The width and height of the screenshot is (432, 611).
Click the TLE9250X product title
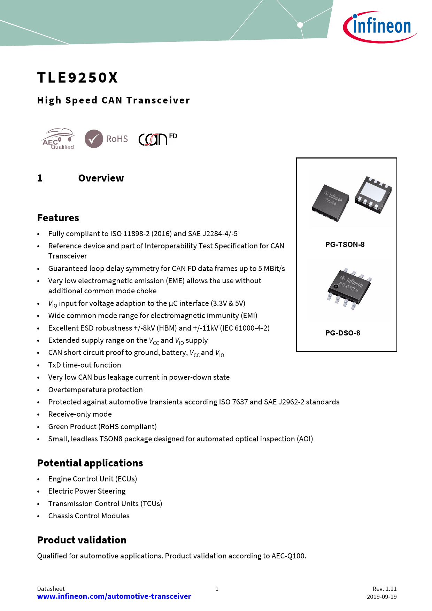(78, 78)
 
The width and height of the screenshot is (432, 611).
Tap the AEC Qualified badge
(58, 139)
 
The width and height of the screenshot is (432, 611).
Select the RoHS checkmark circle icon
(94, 139)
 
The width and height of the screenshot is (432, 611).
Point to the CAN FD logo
(157, 139)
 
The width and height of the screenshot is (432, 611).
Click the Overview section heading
(101, 178)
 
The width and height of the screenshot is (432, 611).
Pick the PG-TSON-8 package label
(345, 245)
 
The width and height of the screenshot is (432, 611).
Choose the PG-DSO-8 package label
(343, 333)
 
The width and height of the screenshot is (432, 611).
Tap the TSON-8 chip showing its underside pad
(373, 195)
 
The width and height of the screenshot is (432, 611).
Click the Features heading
(58, 218)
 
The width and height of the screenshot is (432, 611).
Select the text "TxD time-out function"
(85, 365)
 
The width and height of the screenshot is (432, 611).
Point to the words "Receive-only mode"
(80, 414)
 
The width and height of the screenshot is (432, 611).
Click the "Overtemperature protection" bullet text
(95, 390)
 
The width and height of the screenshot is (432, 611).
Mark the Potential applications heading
(90, 463)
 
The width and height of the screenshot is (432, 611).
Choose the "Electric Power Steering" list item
(87, 491)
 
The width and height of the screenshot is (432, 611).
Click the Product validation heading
(82, 540)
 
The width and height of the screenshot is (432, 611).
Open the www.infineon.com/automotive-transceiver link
(114, 596)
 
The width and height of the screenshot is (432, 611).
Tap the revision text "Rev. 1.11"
(385, 589)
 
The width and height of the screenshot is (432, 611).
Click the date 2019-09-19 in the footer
(381, 597)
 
